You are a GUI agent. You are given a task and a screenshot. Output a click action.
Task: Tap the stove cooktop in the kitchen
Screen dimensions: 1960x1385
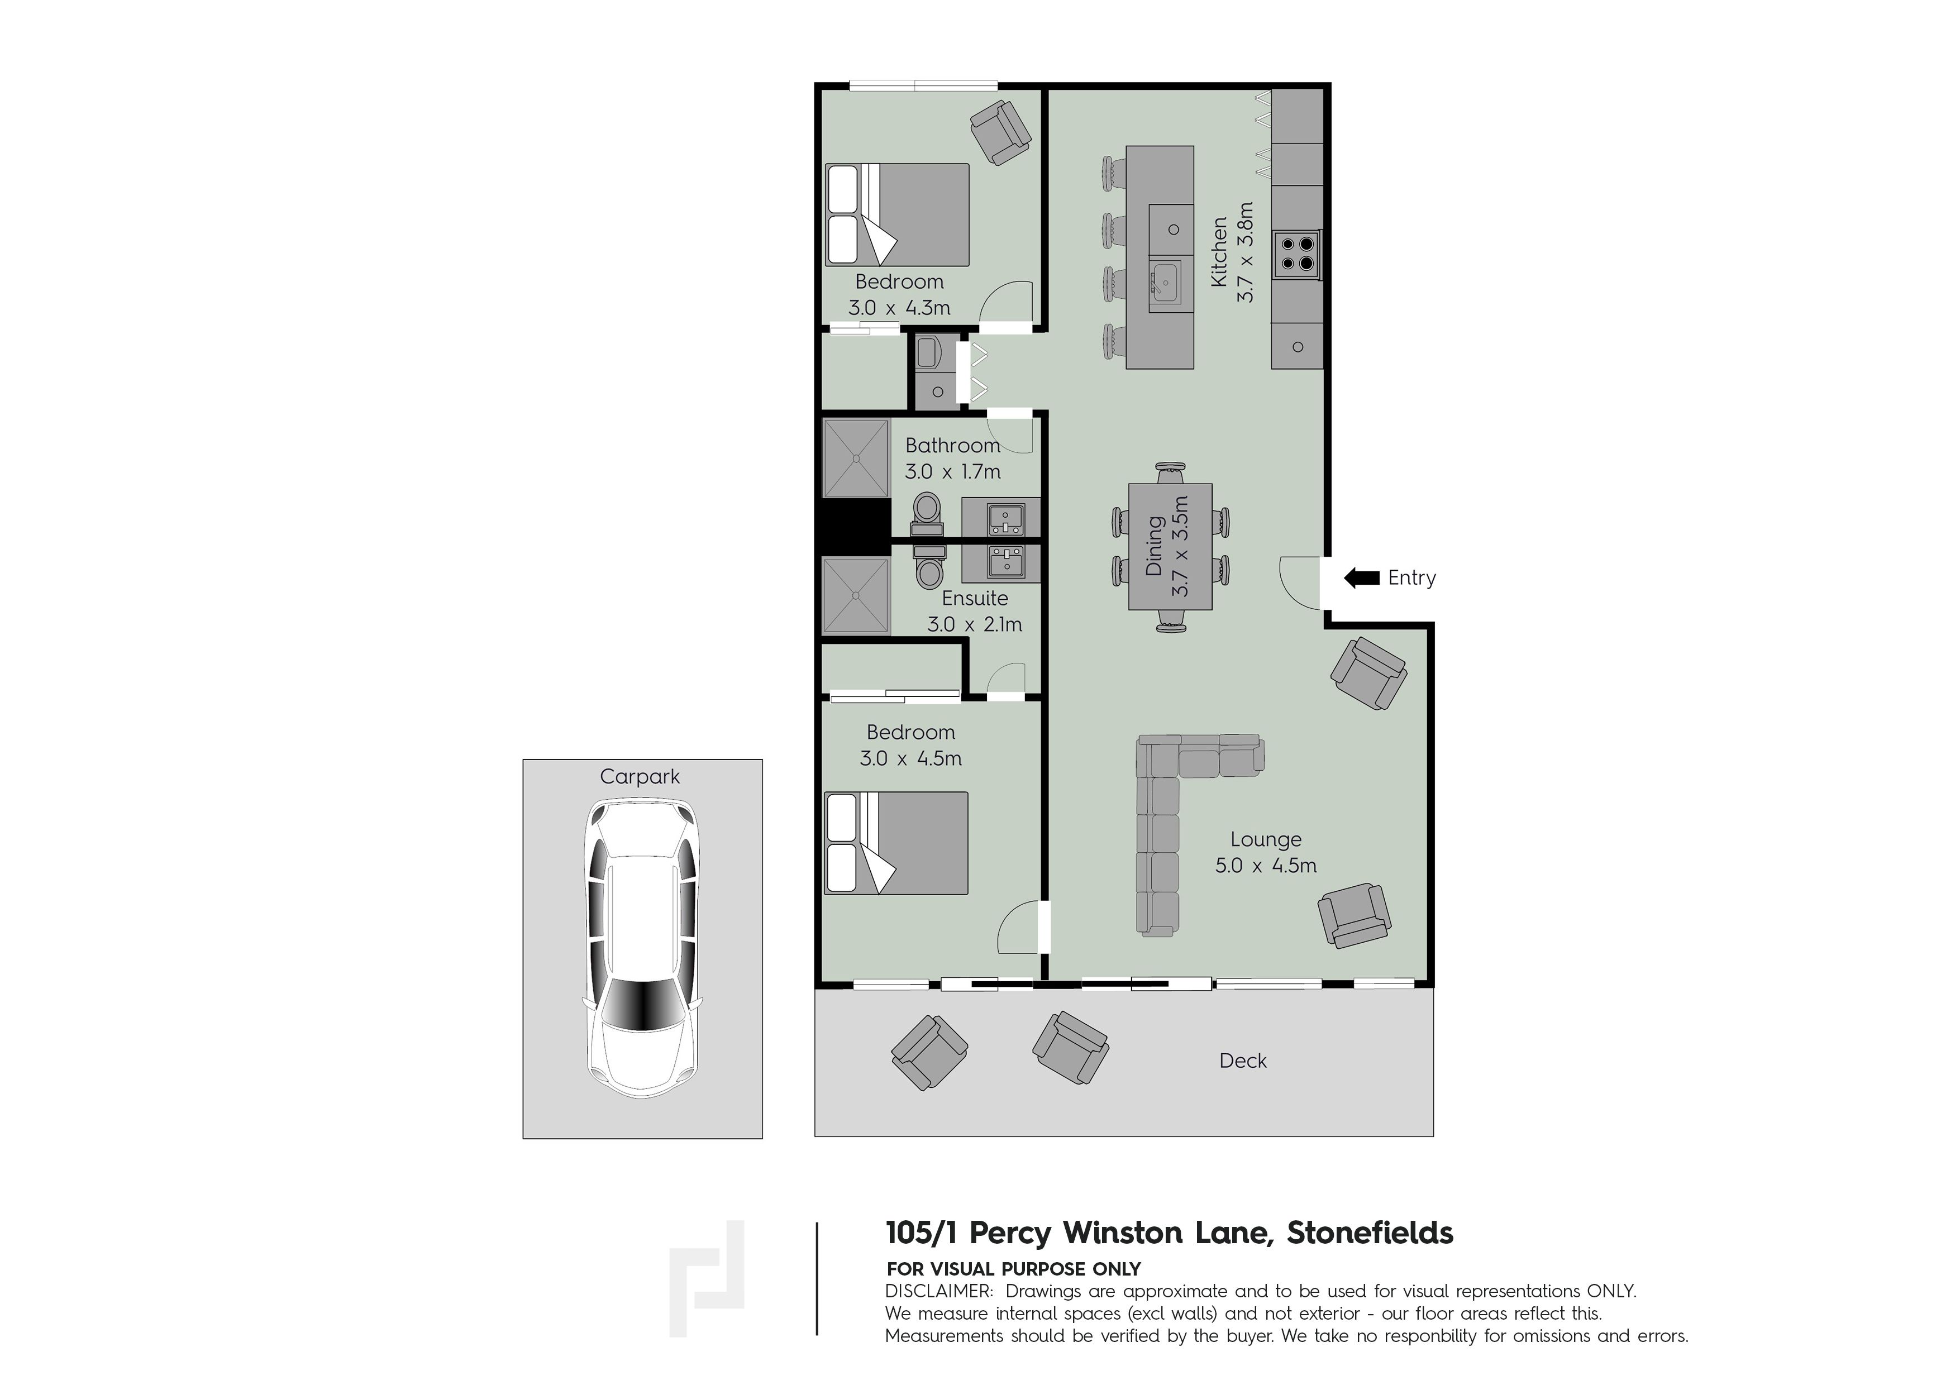click(x=1297, y=254)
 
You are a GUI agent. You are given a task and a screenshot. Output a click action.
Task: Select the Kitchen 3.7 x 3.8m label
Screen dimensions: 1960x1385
click(x=1232, y=252)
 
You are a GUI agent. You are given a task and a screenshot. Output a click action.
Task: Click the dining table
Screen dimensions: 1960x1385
click(x=1170, y=547)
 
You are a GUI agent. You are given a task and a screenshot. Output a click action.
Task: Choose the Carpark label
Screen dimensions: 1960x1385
click(x=640, y=777)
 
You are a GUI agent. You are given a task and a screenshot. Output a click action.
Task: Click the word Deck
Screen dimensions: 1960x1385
click(x=1243, y=1061)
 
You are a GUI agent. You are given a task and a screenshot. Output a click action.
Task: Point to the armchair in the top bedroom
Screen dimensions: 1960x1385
click(x=1000, y=131)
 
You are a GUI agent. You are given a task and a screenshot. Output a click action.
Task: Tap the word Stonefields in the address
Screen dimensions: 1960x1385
click(x=1369, y=1233)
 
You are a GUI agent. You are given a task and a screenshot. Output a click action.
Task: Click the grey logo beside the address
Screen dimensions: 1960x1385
click(x=707, y=1278)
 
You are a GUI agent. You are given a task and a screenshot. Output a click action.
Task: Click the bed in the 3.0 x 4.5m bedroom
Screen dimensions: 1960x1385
click(x=896, y=843)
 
